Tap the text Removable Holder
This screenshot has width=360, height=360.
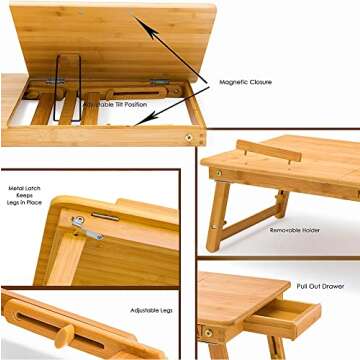tap(295, 229)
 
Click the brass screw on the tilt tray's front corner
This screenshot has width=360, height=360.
tap(188, 134)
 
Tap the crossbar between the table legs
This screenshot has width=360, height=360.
tap(246, 226)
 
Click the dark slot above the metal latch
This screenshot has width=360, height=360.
tap(105, 216)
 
